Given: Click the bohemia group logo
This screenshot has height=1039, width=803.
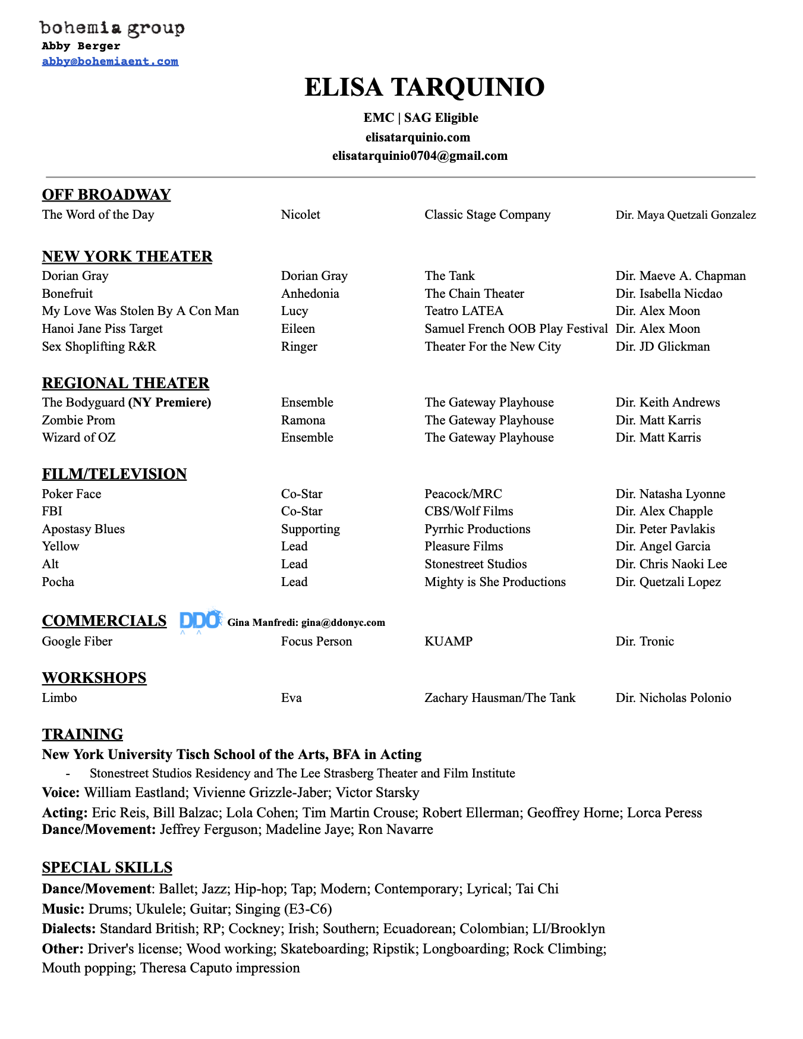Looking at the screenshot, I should [x=112, y=28].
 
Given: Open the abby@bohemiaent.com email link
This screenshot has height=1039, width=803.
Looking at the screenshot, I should [x=110, y=61].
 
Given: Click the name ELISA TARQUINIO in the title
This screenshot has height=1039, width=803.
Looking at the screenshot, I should [x=424, y=87].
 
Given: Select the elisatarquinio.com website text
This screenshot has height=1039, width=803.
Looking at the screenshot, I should [x=418, y=137].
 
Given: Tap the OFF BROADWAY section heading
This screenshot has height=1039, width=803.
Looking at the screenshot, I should [x=106, y=194].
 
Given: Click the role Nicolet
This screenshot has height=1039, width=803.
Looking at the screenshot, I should [x=300, y=215].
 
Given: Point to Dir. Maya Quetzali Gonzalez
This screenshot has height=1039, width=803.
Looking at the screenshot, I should [x=685, y=215].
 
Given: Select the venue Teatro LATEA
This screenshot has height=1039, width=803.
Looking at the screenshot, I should [x=464, y=311].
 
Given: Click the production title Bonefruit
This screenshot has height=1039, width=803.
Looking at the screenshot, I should [x=67, y=294].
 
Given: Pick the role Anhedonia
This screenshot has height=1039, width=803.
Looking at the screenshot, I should [x=310, y=294].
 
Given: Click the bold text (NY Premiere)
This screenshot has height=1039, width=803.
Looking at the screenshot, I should [x=169, y=402].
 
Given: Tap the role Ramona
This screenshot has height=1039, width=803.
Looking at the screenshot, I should [x=303, y=420].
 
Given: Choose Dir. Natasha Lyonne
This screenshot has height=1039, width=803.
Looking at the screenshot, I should [x=670, y=494].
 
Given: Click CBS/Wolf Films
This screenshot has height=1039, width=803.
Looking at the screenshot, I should [x=468, y=511].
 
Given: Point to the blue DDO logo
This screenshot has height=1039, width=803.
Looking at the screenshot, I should [x=201, y=621].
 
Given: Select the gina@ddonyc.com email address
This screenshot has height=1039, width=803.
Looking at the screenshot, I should [x=343, y=622].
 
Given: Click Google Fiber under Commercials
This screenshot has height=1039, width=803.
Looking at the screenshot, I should [x=77, y=641].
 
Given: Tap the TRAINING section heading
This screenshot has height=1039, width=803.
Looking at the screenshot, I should [x=83, y=734].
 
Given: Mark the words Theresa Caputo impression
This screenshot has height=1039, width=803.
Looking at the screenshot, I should [x=220, y=968].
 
